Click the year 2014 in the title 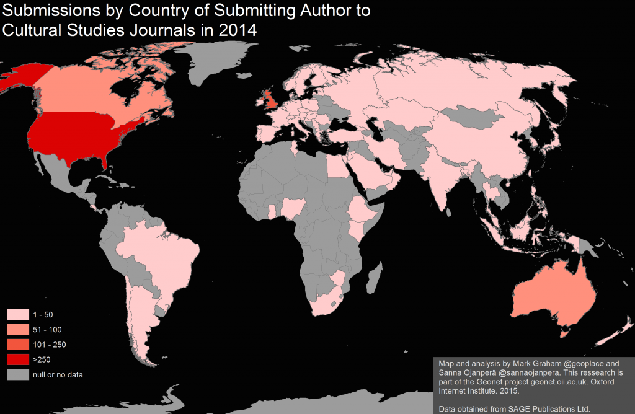(237, 29)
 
